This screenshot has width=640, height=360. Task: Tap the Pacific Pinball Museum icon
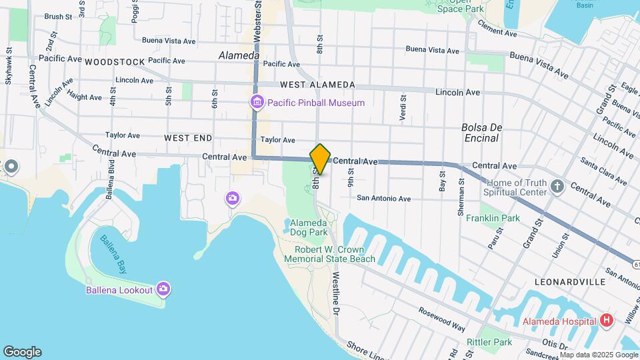point(257,103)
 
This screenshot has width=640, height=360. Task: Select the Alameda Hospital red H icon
point(606,321)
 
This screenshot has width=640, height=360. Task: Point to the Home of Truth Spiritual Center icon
point(557,187)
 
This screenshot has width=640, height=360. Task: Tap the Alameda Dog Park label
point(309,227)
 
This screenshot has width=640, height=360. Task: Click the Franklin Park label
point(493,218)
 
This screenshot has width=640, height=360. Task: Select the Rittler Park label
point(489,342)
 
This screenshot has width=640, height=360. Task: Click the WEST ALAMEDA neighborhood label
point(317,85)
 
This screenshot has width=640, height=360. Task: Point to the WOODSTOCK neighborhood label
point(115,61)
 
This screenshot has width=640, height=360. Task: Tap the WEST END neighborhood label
point(188,138)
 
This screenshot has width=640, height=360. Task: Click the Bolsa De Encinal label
point(480,133)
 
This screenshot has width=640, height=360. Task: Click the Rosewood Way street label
point(442,319)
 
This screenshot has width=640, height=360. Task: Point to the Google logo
point(22,352)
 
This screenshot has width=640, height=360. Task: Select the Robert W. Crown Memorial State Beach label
point(335,254)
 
